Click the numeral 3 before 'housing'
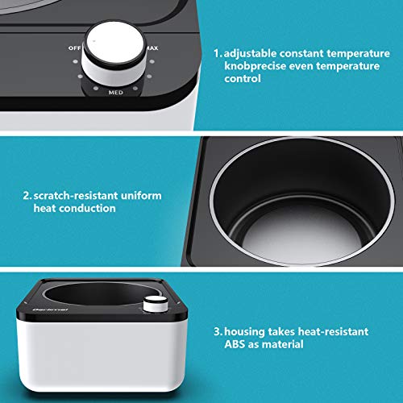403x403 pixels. [x=217, y=331]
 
